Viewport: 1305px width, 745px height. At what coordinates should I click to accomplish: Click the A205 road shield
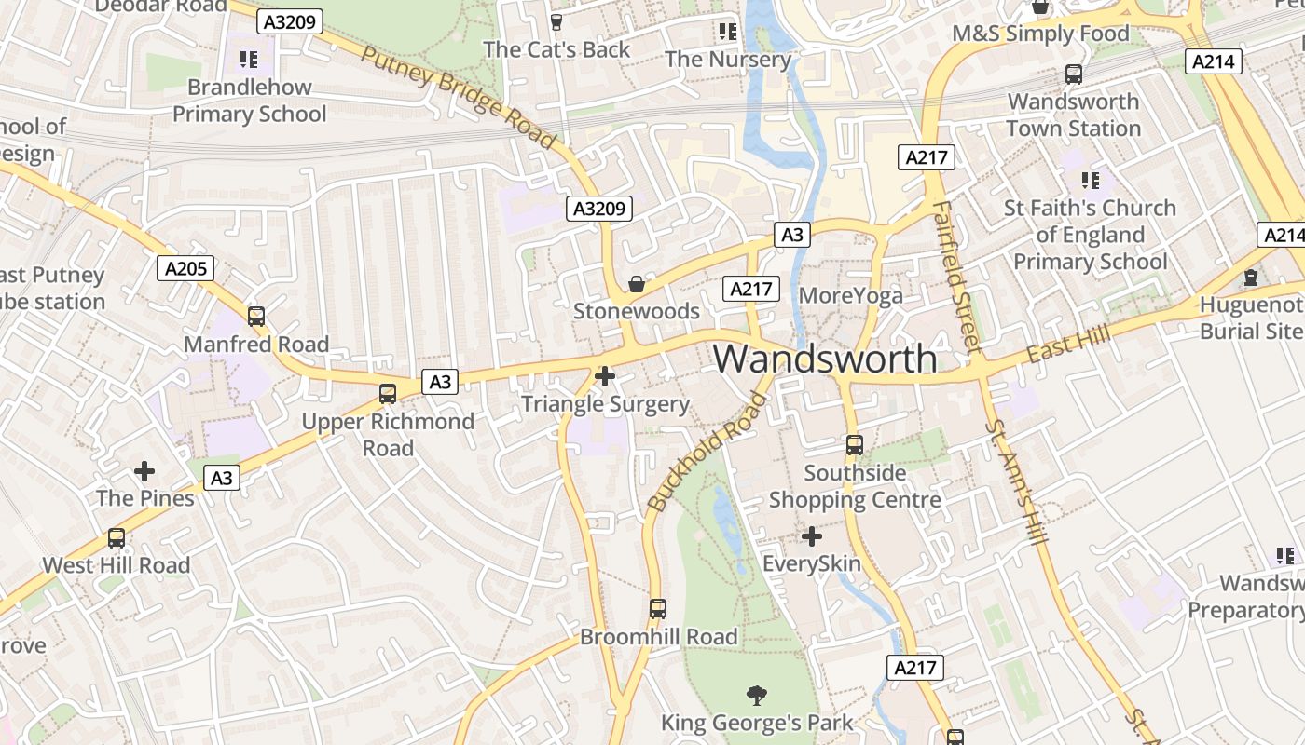click(186, 269)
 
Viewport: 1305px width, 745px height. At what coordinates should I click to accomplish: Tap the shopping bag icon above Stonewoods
click(637, 283)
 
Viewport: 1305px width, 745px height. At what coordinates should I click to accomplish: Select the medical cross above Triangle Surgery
click(605, 376)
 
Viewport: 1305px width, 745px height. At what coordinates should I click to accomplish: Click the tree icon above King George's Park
click(756, 695)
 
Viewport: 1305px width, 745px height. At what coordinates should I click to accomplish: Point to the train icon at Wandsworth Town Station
click(1074, 74)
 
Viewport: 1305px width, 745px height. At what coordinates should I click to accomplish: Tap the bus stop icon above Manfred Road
click(256, 317)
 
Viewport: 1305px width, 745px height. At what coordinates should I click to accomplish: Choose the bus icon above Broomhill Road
click(658, 609)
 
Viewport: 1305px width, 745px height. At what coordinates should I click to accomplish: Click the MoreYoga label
click(851, 296)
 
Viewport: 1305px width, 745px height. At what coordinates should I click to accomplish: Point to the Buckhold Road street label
click(708, 453)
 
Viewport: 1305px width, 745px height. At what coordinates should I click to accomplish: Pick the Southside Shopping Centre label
click(855, 486)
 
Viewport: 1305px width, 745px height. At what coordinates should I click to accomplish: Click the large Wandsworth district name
click(826, 359)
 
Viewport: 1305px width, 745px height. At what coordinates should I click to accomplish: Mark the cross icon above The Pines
click(144, 470)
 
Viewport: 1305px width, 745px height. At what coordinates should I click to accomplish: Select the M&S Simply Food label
click(1040, 34)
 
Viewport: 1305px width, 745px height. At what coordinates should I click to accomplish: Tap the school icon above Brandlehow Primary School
click(248, 60)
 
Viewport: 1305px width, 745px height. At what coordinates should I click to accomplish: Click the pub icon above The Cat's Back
click(556, 22)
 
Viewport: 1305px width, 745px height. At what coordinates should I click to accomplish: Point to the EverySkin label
click(812, 563)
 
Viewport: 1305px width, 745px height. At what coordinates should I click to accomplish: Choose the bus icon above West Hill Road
click(117, 538)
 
